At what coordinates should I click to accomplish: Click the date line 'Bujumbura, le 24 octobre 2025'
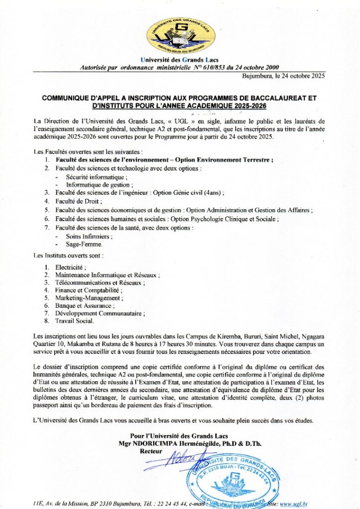tap(283, 76)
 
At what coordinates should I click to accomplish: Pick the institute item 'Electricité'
tap(71, 267)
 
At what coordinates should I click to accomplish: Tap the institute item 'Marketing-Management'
tap(89, 298)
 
